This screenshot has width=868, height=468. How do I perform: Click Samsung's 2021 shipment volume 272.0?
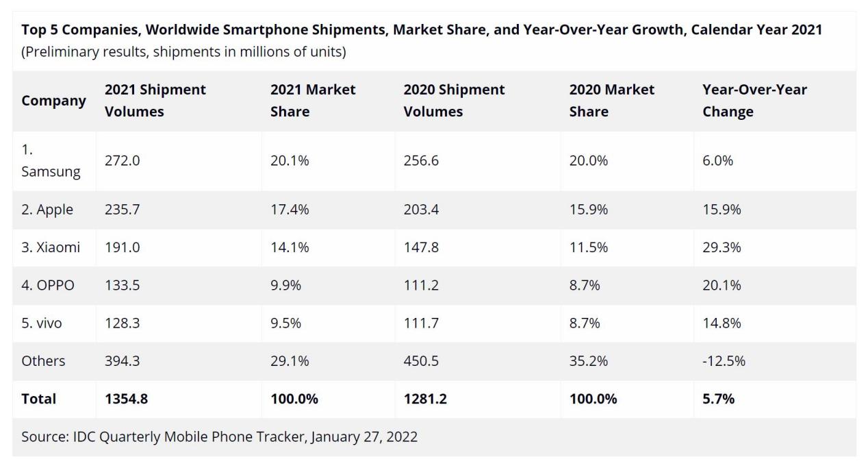tap(122, 161)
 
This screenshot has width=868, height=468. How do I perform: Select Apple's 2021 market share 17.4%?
tap(290, 210)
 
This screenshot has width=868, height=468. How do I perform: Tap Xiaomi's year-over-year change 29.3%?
tap(722, 247)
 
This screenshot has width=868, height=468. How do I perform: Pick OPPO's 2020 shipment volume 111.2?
tap(421, 285)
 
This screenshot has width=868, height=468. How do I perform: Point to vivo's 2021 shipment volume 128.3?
tap(122, 323)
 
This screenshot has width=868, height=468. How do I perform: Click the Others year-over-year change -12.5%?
tap(724, 360)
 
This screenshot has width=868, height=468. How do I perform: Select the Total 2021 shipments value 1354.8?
tap(126, 399)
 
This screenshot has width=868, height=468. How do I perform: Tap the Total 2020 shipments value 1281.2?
tap(425, 399)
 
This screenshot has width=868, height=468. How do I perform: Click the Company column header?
tap(53, 101)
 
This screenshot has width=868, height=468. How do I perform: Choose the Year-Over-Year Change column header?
tap(754, 101)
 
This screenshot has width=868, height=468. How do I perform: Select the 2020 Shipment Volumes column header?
tap(454, 101)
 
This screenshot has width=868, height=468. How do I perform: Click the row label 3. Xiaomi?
tap(50, 247)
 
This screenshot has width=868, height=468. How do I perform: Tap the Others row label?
tap(43, 360)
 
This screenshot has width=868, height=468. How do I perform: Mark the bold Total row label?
tap(38, 399)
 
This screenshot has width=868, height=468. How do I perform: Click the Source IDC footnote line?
tap(219, 436)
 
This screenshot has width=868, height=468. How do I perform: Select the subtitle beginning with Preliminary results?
tap(183, 52)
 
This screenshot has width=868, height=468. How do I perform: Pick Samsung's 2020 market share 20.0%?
tap(589, 161)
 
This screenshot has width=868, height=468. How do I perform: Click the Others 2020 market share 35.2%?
tap(588, 360)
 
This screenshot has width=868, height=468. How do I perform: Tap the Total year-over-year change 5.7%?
tap(718, 399)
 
